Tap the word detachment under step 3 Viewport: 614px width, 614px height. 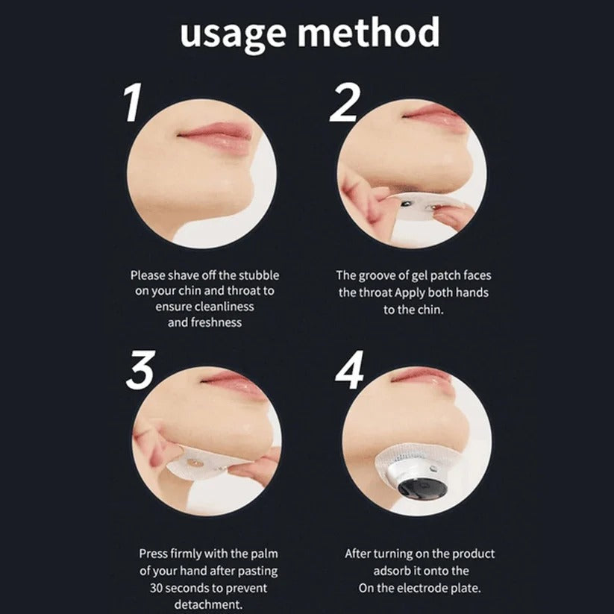point(204,603)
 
